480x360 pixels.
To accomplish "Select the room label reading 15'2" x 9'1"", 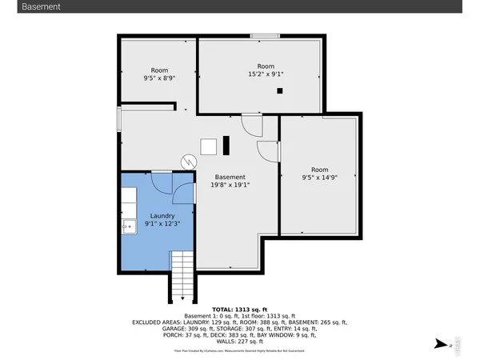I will (x=266, y=70).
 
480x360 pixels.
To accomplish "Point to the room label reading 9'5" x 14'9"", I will (x=319, y=174).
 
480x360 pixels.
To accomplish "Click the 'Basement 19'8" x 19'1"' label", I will (x=230, y=181).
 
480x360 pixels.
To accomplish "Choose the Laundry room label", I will (x=162, y=219).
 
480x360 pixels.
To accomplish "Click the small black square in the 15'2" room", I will (x=280, y=91).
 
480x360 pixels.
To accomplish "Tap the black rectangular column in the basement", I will (x=226, y=146).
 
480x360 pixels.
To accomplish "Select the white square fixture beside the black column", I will (x=209, y=146).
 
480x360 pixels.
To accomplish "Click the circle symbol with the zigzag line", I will (x=188, y=161).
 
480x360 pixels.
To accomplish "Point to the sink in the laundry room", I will (x=127, y=227).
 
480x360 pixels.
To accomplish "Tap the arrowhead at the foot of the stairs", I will (x=183, y=299).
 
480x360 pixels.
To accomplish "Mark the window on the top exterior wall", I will (x=265, y=35).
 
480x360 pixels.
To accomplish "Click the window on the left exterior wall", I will (x=119, y=119).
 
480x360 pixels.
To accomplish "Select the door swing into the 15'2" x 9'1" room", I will (x=252, y=125).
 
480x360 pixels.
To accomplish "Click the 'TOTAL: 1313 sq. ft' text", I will (x=240, y=310).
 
